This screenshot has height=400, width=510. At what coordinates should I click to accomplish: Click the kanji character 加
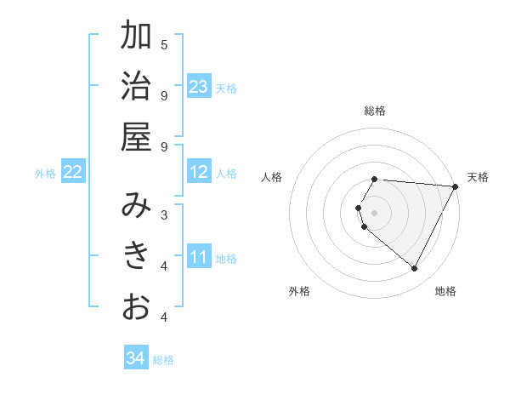click(136, 37)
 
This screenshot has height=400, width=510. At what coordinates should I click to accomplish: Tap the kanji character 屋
click(136, 136)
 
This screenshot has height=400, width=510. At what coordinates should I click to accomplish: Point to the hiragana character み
click(136, 205)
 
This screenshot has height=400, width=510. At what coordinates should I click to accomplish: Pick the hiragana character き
click(136, 254)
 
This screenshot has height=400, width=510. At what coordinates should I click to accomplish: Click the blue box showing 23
click(199, 87)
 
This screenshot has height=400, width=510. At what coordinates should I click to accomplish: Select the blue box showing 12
click(199, 172)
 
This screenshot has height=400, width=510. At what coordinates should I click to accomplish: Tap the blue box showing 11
click(199, 256)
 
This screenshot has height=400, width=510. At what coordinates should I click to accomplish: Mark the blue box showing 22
click(72, 172)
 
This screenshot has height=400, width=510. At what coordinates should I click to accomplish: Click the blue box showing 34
click(136, 358)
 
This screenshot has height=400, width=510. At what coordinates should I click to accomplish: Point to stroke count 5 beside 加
click(164, 44)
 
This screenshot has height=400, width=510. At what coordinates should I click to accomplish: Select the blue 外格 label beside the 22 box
click(45, 174)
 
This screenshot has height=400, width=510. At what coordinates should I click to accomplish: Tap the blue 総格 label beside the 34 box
click(163, 360)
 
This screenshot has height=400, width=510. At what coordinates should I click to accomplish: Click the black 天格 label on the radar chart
click(478, 177)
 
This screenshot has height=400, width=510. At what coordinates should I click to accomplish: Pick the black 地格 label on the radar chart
click(445, 291)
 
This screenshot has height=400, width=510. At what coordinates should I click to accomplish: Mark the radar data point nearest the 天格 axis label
click(456, 186)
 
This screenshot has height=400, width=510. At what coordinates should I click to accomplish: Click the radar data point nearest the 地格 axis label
click(415, 269)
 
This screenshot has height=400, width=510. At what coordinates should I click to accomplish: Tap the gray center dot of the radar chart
click(375, 213)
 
